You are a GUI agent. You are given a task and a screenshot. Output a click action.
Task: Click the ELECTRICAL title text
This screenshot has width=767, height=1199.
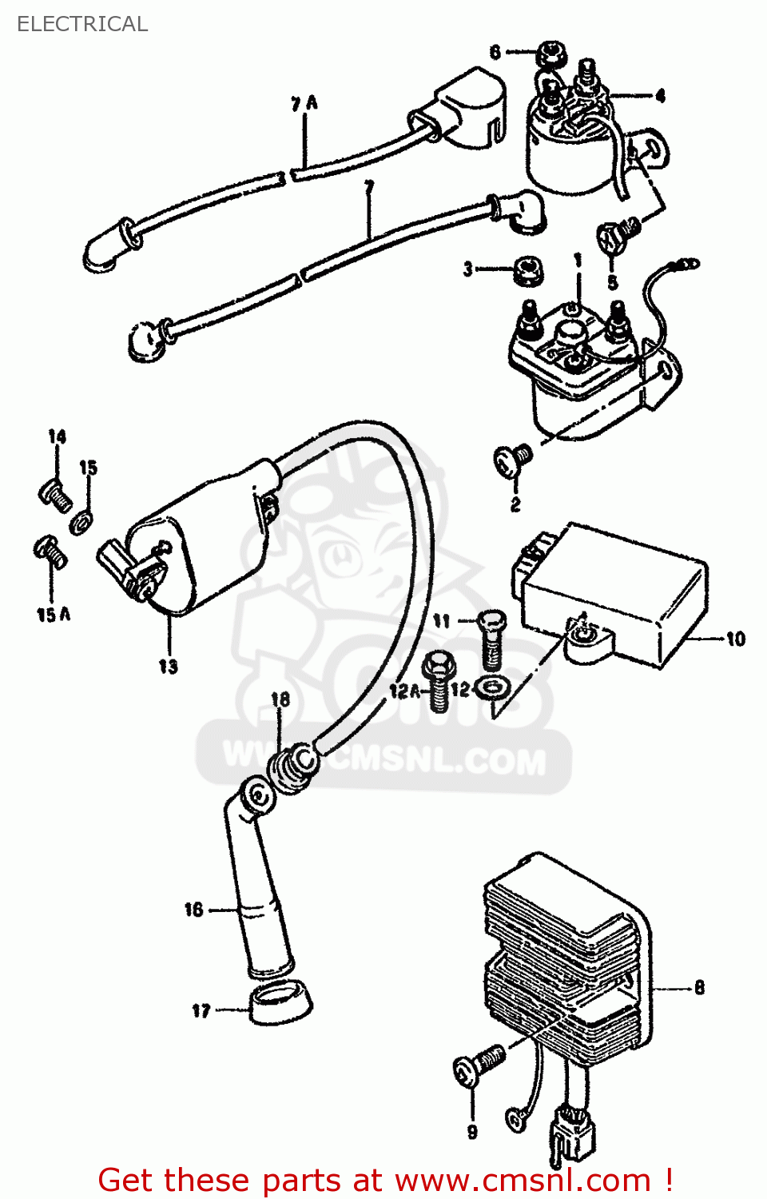[x=82, y=24]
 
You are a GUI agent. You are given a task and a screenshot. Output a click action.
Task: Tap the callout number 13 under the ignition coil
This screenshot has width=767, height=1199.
[x=168, y=666]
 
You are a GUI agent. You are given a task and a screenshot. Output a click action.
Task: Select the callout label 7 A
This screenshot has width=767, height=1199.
[x=304, y=103]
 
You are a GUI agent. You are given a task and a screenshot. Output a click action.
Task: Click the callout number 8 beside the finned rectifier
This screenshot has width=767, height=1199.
[x=699, y=988]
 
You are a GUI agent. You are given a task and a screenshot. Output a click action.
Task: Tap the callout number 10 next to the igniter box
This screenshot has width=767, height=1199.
[x=735, y=639]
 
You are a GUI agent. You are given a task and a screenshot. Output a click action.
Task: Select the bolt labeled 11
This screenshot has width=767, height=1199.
[x=491, y=639]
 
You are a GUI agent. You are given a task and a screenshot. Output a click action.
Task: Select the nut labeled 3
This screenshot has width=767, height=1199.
[x=527, y=269]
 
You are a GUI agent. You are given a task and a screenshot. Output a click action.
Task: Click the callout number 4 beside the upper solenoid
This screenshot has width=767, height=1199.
[x=660, y=96]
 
